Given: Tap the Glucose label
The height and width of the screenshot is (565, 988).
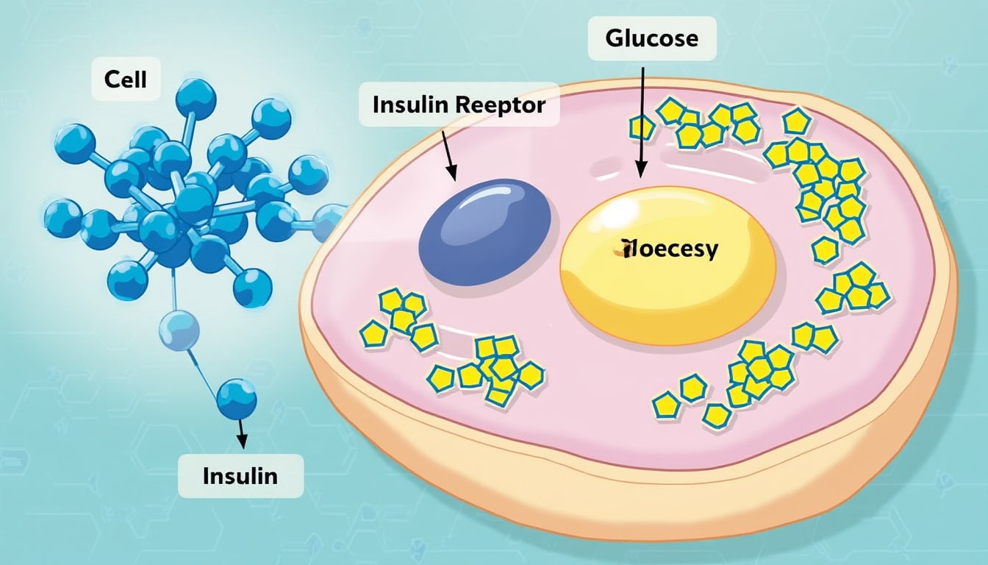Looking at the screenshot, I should click(x=652, y=38).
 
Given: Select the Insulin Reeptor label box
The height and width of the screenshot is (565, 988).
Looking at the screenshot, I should click(x=459, y=105).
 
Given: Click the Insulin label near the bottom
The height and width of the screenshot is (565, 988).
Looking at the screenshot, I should click(x=240, y=475).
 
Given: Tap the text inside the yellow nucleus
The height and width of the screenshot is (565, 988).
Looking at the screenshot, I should click(x=668, y=250).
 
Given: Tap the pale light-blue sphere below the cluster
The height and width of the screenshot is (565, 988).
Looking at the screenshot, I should click(x=179, y=330).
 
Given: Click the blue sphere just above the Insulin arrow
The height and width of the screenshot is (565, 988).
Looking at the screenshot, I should click(x=237, y=398).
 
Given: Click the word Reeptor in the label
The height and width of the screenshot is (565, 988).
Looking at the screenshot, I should click(x=501, y=105).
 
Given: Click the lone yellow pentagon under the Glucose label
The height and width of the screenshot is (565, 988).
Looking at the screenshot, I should click(x=641, y=128).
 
